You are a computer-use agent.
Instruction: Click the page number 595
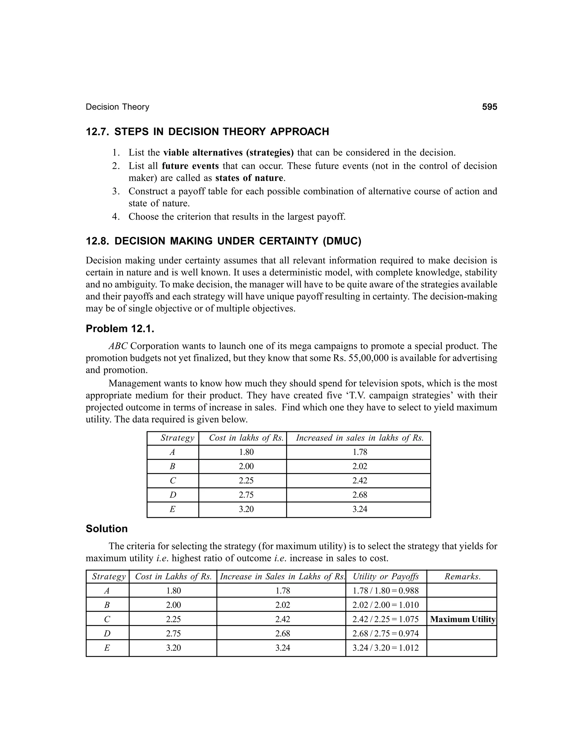coord(489,107)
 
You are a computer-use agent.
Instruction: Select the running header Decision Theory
coord(118,107)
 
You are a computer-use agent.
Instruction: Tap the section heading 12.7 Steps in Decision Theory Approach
coord(207,132)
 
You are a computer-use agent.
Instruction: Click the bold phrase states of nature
coord(249,178)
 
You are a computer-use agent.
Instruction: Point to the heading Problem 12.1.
coord(120,329)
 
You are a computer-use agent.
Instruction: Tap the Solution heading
coord(106,529)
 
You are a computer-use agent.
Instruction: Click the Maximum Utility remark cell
coord(463,619)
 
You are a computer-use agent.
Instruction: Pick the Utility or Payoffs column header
coord(386,576)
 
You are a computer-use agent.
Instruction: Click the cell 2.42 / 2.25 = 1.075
coord(385,619)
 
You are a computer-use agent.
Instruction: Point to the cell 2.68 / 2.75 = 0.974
coord(385,634)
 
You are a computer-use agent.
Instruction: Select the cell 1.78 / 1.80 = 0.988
coord(385,591)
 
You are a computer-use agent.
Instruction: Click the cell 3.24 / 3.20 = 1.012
coord(385,648)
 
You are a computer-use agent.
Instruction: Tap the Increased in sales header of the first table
coord(360,438)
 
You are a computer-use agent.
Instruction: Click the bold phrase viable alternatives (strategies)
coord(228,153)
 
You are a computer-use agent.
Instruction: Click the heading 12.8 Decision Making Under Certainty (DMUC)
coord(223,241)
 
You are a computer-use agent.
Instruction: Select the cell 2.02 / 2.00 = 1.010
coord(385,605)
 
